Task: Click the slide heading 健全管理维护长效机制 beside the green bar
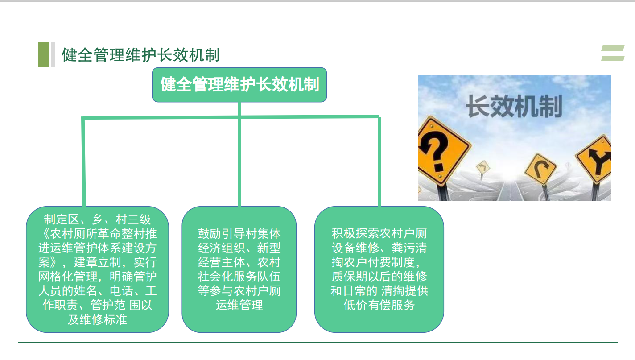point(140,55)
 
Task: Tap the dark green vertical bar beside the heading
point(44,54)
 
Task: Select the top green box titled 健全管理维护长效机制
point(239,85)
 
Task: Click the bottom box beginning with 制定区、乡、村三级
point(98,269)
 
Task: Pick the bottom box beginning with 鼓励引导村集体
point(239,269)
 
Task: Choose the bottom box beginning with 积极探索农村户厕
point(379,269)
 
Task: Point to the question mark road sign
point(439,150)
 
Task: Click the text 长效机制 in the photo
point(514,106)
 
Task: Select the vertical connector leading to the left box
point(84,161)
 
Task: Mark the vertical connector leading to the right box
point(379,161)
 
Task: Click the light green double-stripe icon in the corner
point(613,53)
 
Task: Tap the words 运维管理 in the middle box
point(239,305)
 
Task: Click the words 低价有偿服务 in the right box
point(379,305)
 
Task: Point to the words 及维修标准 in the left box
point(98,319)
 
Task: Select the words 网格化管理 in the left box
point(68,276)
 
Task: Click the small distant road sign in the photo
point(482,167)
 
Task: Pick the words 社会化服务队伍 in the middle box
point(239,276)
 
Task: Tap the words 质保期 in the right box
point(350,276)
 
